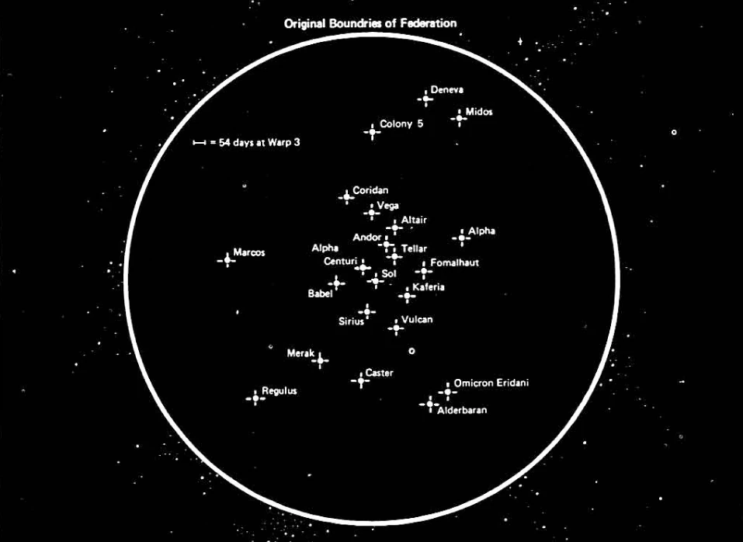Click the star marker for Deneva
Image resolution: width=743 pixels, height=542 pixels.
[425, 98]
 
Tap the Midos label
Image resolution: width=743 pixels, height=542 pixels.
[479, 112]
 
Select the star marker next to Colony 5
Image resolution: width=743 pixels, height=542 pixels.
[373, 131]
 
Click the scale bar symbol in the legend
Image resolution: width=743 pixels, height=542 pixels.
[200, 143]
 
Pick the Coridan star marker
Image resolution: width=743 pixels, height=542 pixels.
[346, 196]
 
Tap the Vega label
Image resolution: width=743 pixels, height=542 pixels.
[387, 205]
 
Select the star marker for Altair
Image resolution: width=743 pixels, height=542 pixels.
[395, 228]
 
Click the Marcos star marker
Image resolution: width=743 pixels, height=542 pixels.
[227, 259]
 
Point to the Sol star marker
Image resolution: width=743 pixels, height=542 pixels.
[376, 280]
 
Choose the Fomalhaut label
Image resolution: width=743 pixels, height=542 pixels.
[454, 262]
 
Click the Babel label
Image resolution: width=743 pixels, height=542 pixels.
[320, 294]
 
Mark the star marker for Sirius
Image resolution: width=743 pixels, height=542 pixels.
[366, 312]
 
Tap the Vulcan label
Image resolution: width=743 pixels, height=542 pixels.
[417, 319]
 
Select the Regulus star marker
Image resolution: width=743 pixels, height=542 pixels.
[255, 398]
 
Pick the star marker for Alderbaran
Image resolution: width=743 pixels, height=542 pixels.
[429, 404]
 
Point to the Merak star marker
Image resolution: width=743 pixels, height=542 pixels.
[320, 360]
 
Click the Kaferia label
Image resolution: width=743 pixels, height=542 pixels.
[429, 287]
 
